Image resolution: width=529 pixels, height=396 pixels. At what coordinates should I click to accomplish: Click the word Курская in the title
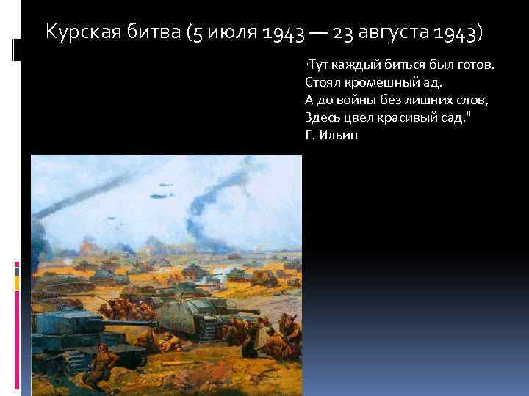78,33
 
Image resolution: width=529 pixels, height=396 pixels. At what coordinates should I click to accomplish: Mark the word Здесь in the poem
320,117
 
